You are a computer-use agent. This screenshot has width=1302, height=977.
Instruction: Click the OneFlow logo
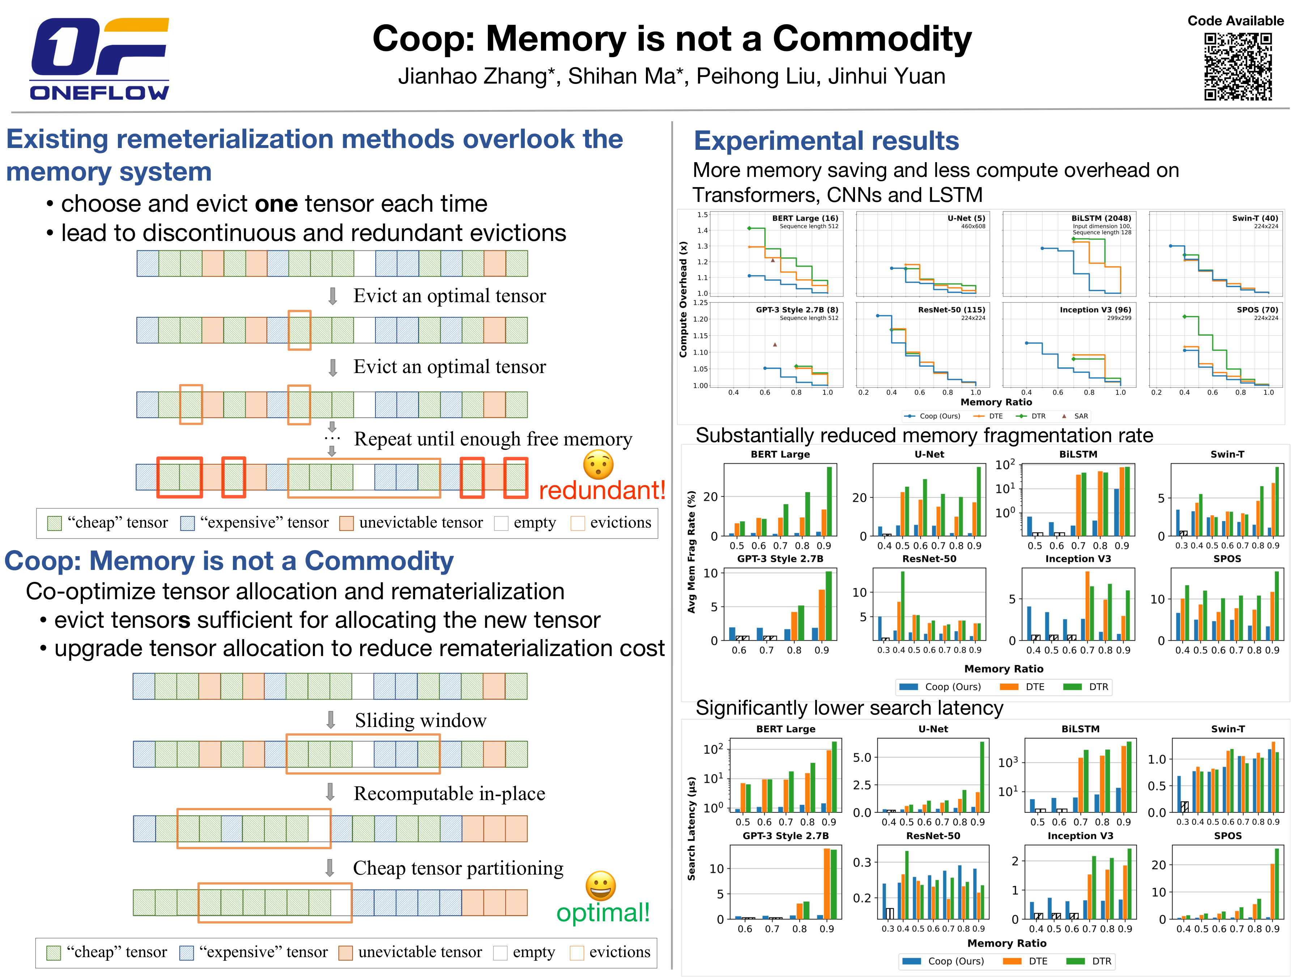99,59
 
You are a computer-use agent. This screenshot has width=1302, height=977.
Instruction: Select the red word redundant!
601,490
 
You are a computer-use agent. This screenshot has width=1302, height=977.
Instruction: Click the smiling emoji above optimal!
600,885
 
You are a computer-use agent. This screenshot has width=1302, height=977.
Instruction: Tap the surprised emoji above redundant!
598,465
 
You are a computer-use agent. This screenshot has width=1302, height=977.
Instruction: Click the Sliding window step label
420,720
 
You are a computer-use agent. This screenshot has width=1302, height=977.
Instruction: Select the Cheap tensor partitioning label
458,868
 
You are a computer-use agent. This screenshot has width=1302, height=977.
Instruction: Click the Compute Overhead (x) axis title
684,299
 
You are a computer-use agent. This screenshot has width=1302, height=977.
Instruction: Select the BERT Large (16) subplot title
805,218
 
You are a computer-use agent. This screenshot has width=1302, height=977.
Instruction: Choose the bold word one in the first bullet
276,204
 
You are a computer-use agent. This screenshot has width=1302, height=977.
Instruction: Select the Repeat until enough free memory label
493,439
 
